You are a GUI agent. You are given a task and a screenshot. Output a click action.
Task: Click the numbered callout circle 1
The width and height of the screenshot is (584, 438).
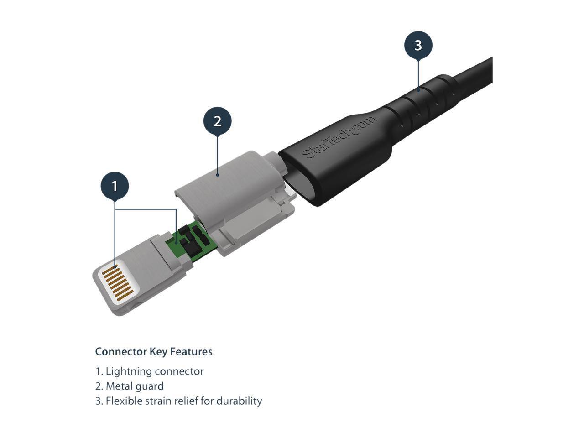pyautogui.click(x=115, y=186)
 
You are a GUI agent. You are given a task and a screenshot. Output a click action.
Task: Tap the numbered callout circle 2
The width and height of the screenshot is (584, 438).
pyautogui.click(x=217, y=121)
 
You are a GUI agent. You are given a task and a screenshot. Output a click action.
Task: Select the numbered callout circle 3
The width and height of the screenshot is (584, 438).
pyautogui.click(x=418, y=45)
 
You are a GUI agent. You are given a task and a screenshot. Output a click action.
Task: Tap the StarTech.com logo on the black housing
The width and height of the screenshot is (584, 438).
pyautogui.click(x=340, y=137)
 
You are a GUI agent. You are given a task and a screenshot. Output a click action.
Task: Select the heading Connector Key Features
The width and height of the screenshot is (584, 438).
pyautogui.click(x=154, y=352)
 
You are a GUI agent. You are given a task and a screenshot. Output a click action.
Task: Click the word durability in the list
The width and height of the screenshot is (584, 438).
pyautogui.click(x=239, y=401)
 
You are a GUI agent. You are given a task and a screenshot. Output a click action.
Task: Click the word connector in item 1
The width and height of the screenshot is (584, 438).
pyautogui.click(x=179, y=371)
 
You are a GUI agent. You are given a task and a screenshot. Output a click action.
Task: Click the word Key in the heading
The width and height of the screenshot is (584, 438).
pyautogui.click(x=159, y=352)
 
